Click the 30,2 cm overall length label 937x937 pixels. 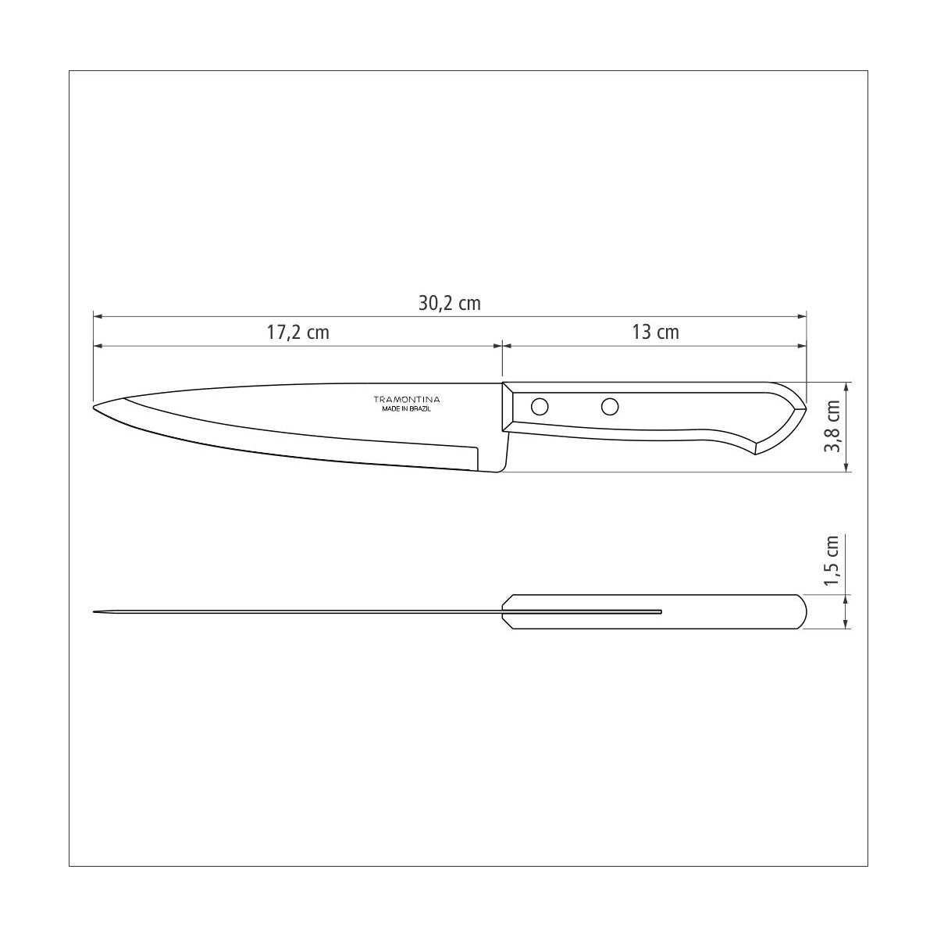point(449,304)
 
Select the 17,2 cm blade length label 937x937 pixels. point(297,333)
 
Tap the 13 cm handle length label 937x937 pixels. point(655,333)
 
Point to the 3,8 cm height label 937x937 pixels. point(832,426)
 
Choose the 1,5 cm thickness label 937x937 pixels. point(832,561)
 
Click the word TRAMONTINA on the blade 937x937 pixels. point(407,399)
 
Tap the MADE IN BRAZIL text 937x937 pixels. point(407,409)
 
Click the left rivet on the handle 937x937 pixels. point(540,407)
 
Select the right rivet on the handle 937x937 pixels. point(610,407)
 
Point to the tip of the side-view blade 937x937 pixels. point(94,407)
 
